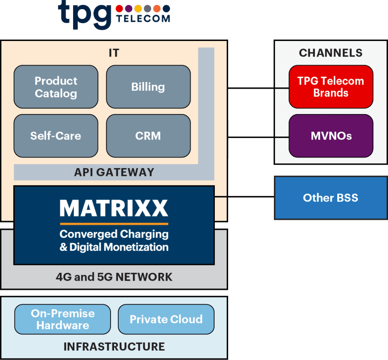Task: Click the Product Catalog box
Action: [56, 87]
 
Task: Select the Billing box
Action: [148, 87]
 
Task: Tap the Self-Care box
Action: [56, 136]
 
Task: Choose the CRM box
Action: [148, 136]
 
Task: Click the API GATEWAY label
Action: [114, 172]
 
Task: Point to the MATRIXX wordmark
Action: [114, 208]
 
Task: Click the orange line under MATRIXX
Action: [114, 224]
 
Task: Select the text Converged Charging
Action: [114, 234]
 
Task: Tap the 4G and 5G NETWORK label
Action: [114, 277]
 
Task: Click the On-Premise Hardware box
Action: [63, 319]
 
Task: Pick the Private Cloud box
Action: [166, 319]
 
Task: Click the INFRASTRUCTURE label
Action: [114, 346]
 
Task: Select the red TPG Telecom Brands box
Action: [331, 87]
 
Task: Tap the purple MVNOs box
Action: [331, 136]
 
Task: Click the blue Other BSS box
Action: [331, 198]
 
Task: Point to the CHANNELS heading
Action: [331, 53]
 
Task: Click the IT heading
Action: [114, 53]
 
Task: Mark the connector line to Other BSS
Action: [244, 197]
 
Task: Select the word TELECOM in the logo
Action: [143, 19]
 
